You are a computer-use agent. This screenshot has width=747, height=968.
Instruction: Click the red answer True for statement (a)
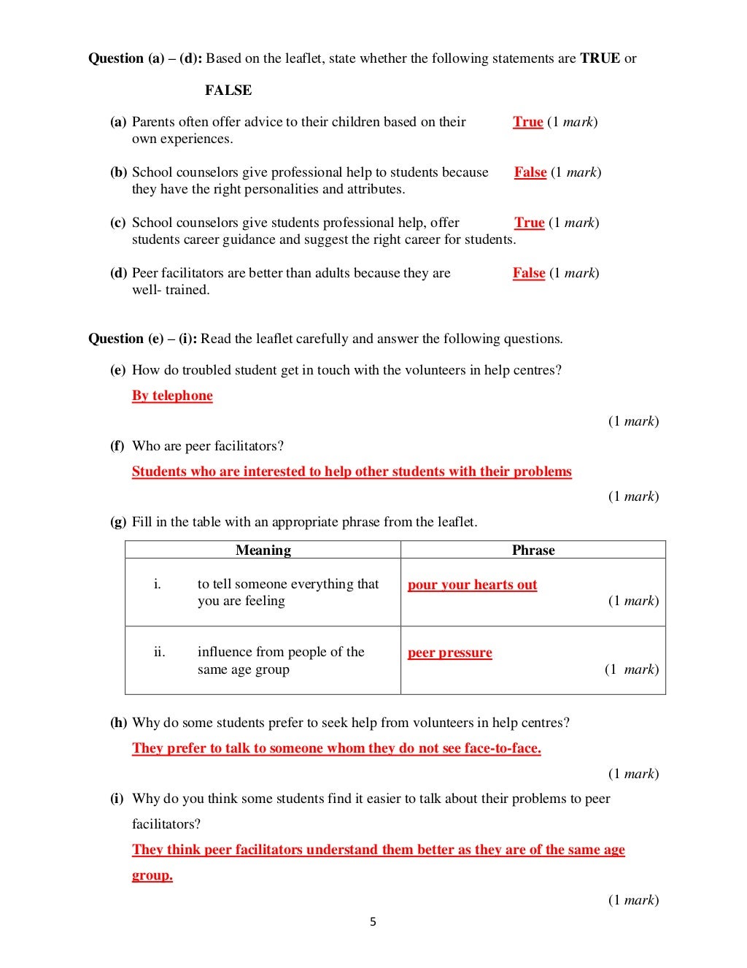tap(527, 122)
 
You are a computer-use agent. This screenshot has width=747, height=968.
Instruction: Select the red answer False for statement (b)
tap(530, 172)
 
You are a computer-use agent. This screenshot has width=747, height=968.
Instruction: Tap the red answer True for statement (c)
tap(529, 223)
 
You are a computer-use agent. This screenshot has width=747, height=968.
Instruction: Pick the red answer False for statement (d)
tap(529, 273)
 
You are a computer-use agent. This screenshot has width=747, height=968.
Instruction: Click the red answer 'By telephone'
tap(172, 396)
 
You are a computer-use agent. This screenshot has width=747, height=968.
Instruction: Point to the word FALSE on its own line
tap(228, 91)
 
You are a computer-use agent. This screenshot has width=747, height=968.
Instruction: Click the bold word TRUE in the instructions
tap(600, 58)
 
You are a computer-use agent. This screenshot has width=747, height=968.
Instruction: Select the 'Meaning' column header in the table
tap(263, 550)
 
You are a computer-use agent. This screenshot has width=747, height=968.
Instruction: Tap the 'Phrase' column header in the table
tap(533, 550)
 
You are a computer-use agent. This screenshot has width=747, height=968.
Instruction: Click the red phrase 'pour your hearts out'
tap(472, 585)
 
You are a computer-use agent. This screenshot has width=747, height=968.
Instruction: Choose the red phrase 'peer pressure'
tap(449, 653)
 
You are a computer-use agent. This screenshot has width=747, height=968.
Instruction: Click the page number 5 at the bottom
tap(373, 922)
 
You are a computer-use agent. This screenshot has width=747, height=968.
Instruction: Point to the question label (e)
tap(117, 370)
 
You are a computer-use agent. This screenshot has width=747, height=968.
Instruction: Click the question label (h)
tap(118, 723)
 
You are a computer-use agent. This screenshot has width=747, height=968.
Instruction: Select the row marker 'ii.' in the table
tap(159, 652)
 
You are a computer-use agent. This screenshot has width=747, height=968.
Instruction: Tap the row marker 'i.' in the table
tap(157, 584)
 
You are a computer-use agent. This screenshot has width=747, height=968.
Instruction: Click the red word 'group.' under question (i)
tap(152, 875)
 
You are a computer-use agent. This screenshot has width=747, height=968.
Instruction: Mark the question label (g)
tap(118, 522)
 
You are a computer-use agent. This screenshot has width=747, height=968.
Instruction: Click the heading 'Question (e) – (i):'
tap(142, 339)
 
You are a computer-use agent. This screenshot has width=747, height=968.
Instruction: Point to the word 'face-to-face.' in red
tap(503, 748)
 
